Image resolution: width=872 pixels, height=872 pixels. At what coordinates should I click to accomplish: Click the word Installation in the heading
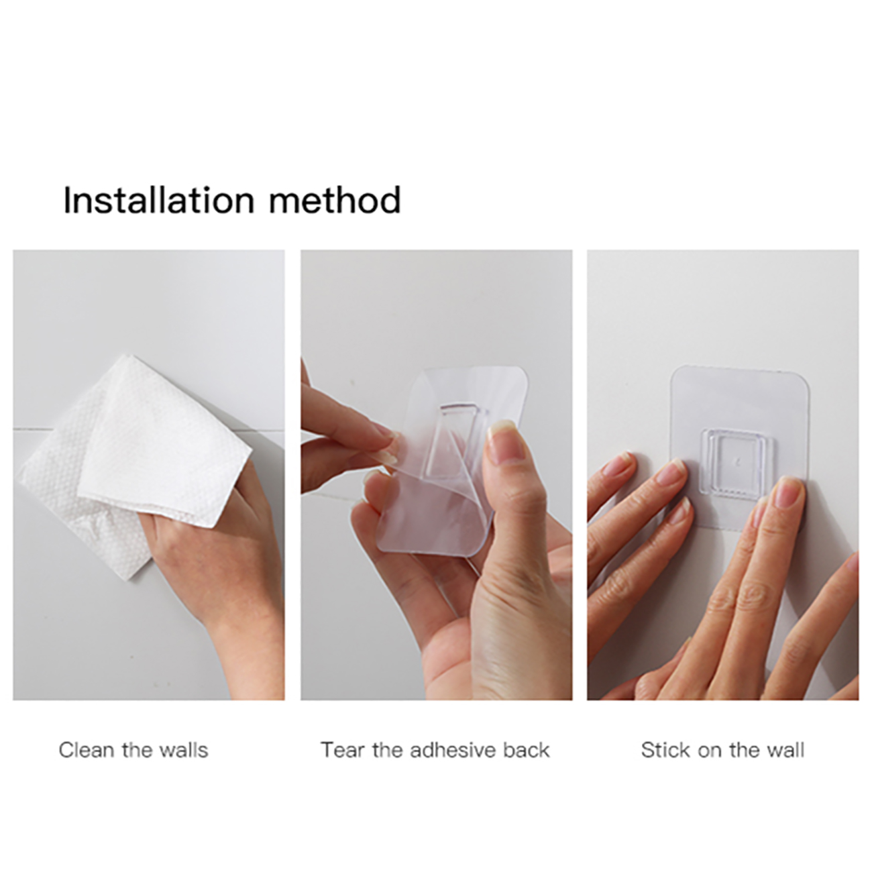tap(159, 200)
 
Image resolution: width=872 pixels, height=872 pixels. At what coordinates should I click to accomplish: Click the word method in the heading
tap(335, 200)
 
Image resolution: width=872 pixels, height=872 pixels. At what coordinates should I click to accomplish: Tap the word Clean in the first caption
tap(86, 751)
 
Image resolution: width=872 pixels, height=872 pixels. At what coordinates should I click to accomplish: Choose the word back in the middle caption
tap(527, 751)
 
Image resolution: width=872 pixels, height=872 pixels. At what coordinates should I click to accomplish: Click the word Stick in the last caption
tap(665, 751)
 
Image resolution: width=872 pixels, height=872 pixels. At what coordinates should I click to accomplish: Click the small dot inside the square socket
tap(737, 462)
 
